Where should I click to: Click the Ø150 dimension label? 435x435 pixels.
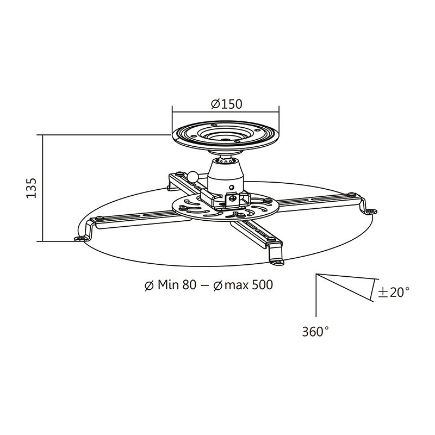click(x=225, y=103)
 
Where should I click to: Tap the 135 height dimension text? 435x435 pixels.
click(x=31, y=188)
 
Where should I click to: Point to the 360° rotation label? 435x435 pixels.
click(x=315, y=331)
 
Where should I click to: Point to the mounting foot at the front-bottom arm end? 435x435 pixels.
click(x=277, y=260)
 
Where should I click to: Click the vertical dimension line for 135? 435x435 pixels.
click(x=42, y=188)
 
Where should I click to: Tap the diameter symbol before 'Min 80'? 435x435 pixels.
click(x=148, y=285)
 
